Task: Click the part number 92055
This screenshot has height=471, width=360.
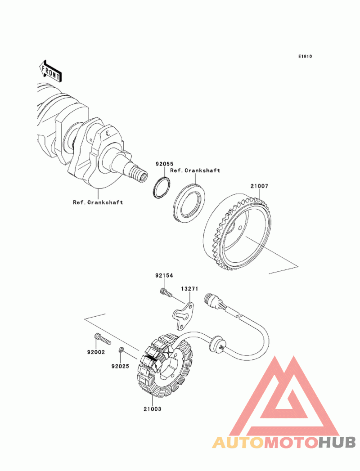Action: pyautogui.click(x=165, y=165)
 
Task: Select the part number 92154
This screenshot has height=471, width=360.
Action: pyautogui.click(x=165, y=275)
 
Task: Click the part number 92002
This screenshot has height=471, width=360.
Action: pyautogui.click(x=96, y=352)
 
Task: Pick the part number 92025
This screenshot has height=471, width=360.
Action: pyautogui.click(x=120, y=366)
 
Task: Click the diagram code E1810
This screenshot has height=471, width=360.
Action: pyautogui.click(x=305, y=57)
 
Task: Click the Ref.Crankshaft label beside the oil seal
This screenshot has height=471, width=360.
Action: pyautogui.click(x=195, y=170)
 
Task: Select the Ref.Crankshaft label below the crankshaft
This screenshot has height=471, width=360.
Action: pyautogui.click(x=98, y=202)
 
